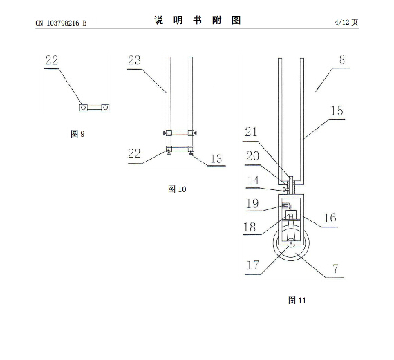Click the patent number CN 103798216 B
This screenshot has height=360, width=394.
(x=61, y=23)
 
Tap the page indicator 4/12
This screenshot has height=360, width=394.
(x=341, y=22)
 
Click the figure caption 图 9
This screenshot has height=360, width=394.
(x=77, y=133)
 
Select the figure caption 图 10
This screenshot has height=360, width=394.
(x=177, y=189)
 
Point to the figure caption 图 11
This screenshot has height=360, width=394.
(x=297, y=300)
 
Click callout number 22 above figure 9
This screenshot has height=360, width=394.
(x=52, y=60)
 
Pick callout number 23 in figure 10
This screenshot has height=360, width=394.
(x=134, y=60)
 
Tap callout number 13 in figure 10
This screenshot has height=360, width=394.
(x=216, y=159)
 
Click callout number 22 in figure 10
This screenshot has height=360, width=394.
(x=134, y=153)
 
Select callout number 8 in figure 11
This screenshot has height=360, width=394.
(x=342, y=59)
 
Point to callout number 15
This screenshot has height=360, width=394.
(x=337, y=111)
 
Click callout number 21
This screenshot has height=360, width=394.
(x=252, y=132)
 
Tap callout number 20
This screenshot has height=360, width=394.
(x=252, y=156)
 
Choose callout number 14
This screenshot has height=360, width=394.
(x=253, y=180)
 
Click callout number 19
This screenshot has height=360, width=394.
(x=252, y=203)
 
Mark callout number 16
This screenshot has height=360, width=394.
(x=330, y=218)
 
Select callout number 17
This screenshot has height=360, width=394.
(x=253, y=265)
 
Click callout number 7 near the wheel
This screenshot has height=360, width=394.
(x=335, y=269)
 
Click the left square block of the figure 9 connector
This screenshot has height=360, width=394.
(x=84, y=108)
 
